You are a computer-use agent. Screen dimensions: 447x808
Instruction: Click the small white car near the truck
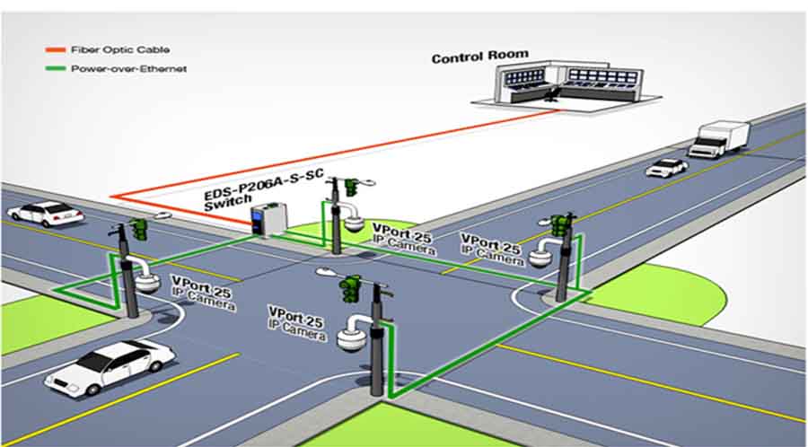click(x=666, y=167)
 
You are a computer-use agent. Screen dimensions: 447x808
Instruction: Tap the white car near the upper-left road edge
click(x=44, y=214)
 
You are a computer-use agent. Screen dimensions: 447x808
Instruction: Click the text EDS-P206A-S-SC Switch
click(x=263, y=189)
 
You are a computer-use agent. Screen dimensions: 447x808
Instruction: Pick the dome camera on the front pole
click(x=349, y=338)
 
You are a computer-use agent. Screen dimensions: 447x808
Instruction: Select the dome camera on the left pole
click(x=145, y=281)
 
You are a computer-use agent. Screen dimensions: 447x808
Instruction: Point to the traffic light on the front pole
click(x=348, y=289)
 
